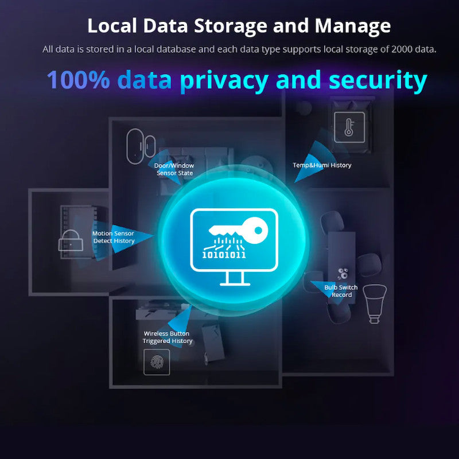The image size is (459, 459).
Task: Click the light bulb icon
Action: [x=375, y=301]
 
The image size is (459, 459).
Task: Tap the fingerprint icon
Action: [x=157, y=362]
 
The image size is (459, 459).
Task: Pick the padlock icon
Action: [x=70, y=241]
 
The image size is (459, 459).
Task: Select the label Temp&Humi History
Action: [x=322, y=165]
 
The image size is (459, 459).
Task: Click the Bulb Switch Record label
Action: [x=341, y=291]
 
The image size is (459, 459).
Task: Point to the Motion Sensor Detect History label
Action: [x=114, y=237]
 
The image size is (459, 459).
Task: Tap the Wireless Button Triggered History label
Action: [x=167, y=337]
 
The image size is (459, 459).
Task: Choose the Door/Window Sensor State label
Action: [x=174, y=169]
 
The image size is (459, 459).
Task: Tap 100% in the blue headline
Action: [x=78, y=80]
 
